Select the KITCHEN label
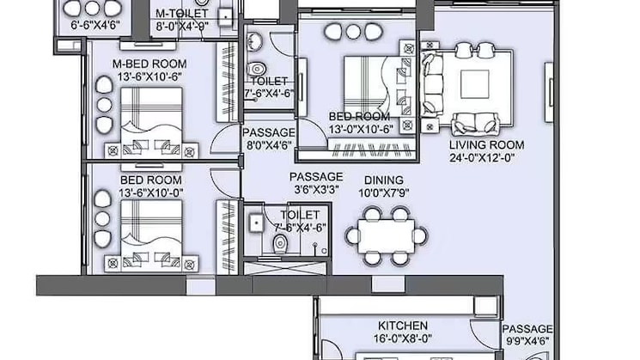pos(403,326)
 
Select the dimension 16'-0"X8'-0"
pos(403,339)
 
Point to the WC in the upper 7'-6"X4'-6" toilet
pos(257,69)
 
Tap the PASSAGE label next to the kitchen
pos(527,328)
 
